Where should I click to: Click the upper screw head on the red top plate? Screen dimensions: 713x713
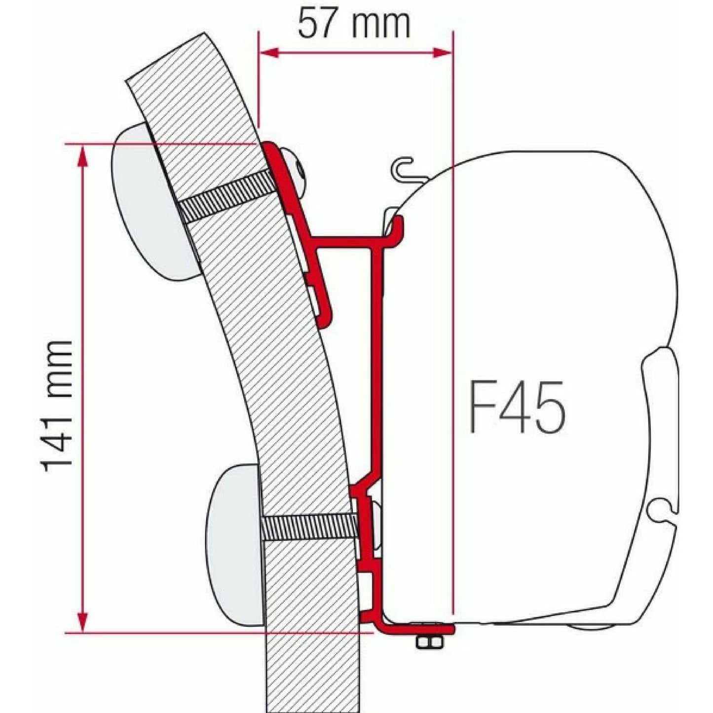[x=297, y=170]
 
